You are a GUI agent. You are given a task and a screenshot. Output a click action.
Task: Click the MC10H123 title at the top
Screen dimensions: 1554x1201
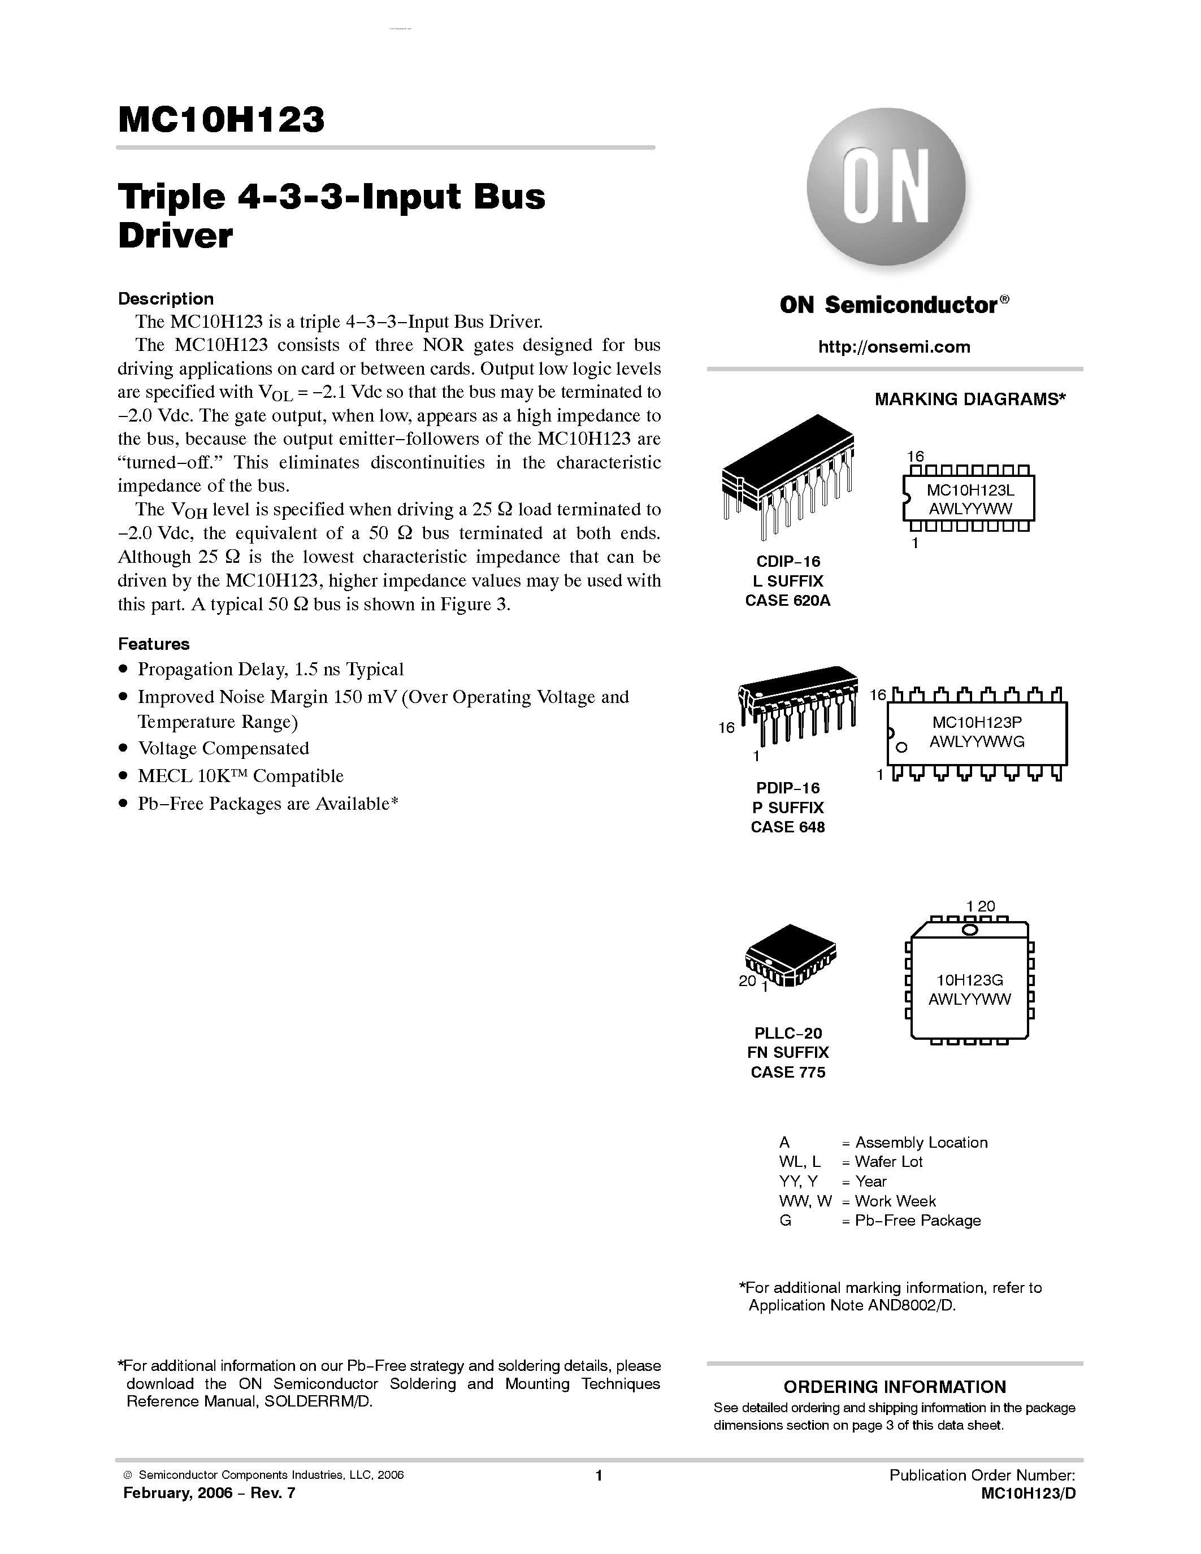[x=222, y=120]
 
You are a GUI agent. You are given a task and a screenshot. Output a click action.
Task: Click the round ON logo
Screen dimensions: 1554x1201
[x=886, y=186]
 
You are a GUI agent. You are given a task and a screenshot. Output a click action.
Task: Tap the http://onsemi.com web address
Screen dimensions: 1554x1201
[x=894, y=347]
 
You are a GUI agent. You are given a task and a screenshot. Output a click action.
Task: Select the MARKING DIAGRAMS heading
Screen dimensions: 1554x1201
[x=970, y=399]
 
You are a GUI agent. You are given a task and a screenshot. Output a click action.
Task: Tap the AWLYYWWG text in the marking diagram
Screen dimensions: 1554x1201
[x=977, y=741]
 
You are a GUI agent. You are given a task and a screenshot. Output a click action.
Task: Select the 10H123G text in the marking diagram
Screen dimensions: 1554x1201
[x=969, y=980]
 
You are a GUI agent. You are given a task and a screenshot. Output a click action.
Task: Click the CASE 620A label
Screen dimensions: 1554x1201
[x=788, y=601]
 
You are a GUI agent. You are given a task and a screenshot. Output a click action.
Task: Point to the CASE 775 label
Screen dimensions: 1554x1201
[x=788, y=1073]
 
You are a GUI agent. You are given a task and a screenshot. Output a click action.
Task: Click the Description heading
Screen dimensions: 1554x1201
[x=166, y=299]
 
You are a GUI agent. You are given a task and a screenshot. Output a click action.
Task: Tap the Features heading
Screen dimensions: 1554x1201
[x=154, y=644]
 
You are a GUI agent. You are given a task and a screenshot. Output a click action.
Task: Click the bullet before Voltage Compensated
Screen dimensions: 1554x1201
[x=123, y=749]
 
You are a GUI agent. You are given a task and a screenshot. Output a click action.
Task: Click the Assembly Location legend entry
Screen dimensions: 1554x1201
[x=921, y=1142]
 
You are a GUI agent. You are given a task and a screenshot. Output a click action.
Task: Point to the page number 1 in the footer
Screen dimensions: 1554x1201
[x=599, y=1475]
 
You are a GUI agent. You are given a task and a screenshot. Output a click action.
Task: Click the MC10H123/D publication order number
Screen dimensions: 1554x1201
[x=1028, y=1494]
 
